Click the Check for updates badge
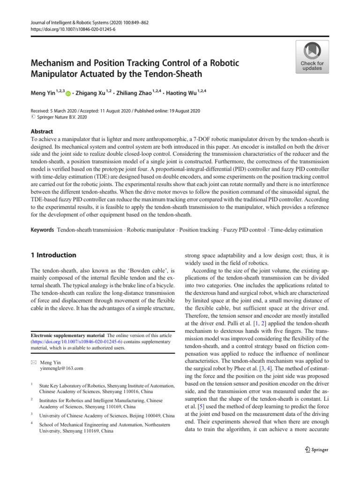pos(312,57)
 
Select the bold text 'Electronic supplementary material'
pos(64,336)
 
